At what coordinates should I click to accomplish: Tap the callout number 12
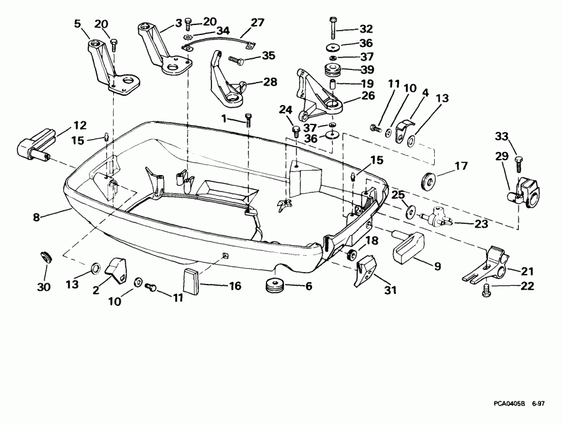tap(81, 124)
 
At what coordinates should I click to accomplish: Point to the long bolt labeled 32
tap(332, 28)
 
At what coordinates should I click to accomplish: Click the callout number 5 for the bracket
tap(78, 24)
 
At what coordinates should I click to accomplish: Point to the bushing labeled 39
tap(332, 69)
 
